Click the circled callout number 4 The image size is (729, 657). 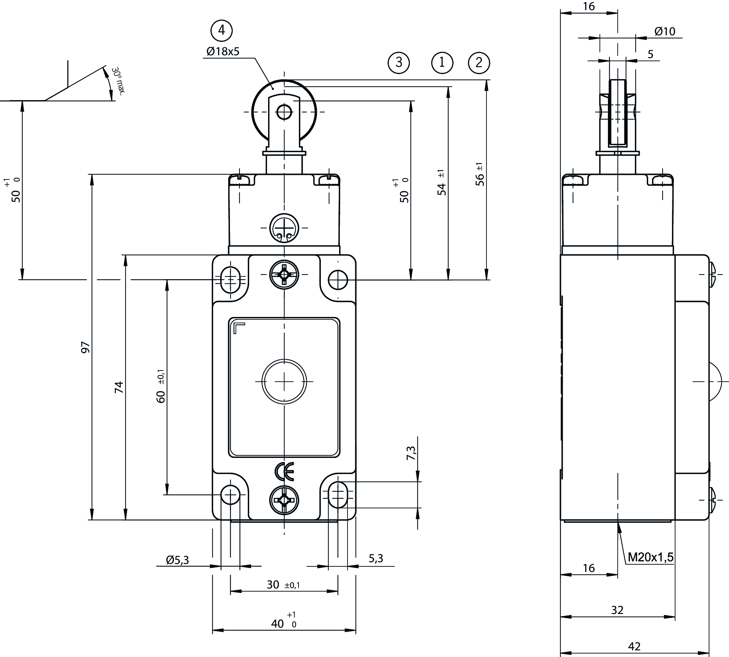(x=221, y=30)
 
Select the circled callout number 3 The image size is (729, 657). (x=399, y=63)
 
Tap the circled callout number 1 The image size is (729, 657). (x=442, y=63)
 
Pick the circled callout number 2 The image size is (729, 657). (x=479, y=63)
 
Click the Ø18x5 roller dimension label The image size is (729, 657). (x=223, y=52)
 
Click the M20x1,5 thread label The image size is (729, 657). (x=651, y=557)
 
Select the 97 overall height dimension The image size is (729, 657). (x=85, y=347)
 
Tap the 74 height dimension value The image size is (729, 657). (x=119, y=387)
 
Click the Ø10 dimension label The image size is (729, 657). (x=665, y=32)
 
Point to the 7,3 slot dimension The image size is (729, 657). (x=411, y=453)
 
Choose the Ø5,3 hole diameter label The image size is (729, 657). (x=177, y=560)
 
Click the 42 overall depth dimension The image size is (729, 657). (x=635, y=646)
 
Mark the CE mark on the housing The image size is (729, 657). (x=285, y=471)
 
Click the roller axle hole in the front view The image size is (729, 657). (x=284, y=112)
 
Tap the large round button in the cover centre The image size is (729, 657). (x=284, y=381)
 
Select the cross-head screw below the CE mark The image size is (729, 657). (x=284, y=500)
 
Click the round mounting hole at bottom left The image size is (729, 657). (x=230, y=495)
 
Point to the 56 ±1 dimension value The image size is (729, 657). (x=480, y=174)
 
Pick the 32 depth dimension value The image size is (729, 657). (x=617, y=610)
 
